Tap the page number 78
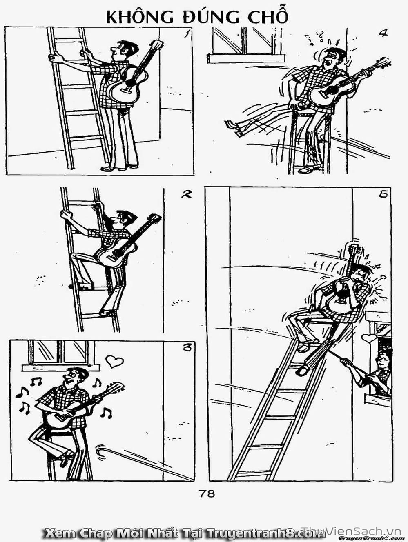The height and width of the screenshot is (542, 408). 207,493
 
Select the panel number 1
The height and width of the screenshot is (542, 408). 187,33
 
